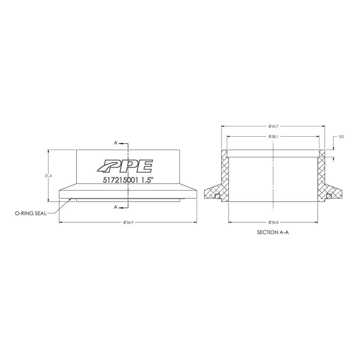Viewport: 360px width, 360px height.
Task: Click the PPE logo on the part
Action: point(124,166)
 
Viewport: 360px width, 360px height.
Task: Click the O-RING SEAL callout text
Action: point(31,214)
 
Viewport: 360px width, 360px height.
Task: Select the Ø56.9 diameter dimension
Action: point(128,222)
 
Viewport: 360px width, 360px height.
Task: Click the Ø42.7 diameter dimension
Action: point(273,126)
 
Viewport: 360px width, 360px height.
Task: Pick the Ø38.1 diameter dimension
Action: point(273,136)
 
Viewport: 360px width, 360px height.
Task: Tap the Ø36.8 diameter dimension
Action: point(273,222)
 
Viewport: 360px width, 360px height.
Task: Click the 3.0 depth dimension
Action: point(341,136)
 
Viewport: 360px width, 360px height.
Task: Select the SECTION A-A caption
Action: point(273,232)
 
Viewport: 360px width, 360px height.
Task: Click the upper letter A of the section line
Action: point(115,143)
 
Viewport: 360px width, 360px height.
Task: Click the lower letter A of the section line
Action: point(115,207)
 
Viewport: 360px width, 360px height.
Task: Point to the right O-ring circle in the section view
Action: point(329,196)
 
